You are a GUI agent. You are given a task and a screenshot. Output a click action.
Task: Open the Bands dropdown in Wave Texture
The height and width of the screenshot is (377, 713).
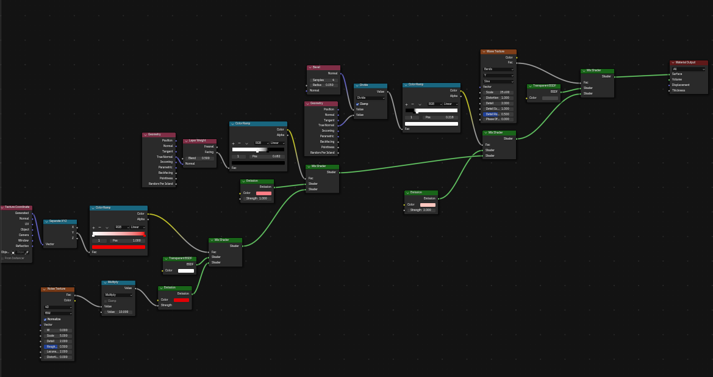498,69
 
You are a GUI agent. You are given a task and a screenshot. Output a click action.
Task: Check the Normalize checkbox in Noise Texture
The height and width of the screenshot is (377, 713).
45,319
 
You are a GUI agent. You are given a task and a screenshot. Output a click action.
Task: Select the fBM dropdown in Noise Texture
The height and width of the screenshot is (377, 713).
58,313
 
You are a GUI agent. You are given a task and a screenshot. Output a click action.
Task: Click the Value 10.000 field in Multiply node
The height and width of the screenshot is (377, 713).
118,312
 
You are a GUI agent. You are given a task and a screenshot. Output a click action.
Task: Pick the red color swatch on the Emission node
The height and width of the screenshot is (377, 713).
181,300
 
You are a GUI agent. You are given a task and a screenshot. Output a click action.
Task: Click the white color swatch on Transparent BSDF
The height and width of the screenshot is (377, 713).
185,270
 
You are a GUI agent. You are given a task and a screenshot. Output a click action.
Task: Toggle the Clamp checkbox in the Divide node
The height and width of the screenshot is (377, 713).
358,104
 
